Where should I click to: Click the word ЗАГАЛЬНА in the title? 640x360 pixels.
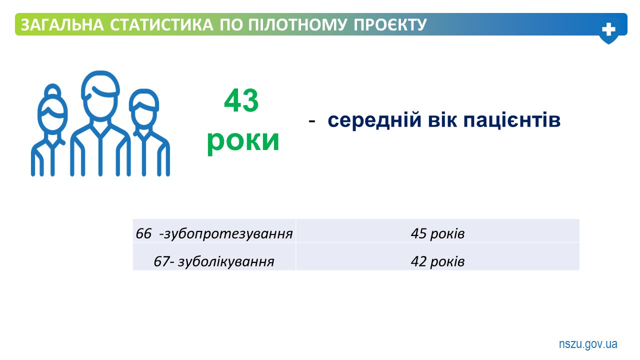62,24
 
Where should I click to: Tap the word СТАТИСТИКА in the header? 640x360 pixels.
161,24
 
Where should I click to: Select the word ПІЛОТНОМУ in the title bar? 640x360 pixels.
297,24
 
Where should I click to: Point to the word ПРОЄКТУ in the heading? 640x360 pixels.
390,24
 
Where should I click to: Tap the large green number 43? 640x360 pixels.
241,100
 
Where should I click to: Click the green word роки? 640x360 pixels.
243,141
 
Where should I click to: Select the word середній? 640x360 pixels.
374,120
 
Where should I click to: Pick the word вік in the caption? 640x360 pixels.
442,120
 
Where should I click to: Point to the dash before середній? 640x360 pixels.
311,121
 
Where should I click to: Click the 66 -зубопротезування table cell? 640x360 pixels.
214,231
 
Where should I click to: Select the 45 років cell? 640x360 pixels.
437,231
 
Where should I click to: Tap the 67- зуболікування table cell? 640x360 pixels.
214,256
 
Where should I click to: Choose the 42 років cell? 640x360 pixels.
437,256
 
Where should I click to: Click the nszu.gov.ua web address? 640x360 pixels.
588,344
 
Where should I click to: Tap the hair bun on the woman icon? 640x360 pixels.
52,90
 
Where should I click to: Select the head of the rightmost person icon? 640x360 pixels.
144,109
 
